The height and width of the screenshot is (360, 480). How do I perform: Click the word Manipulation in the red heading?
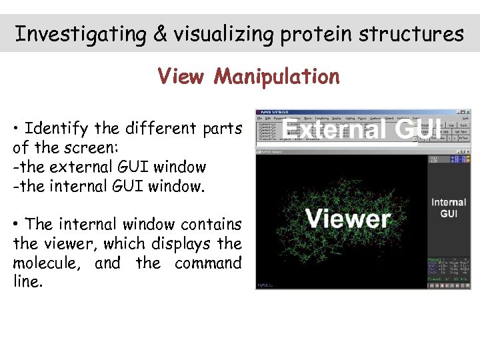point(277,77)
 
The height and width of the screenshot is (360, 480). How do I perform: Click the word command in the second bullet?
point(208,263)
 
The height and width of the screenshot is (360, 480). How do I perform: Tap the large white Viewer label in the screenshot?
point(347,218)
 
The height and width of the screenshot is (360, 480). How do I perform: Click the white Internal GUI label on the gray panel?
point(449,207)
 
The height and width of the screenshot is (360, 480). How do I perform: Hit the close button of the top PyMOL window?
point(467,111)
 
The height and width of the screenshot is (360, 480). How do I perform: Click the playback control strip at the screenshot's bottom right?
point(448,285)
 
